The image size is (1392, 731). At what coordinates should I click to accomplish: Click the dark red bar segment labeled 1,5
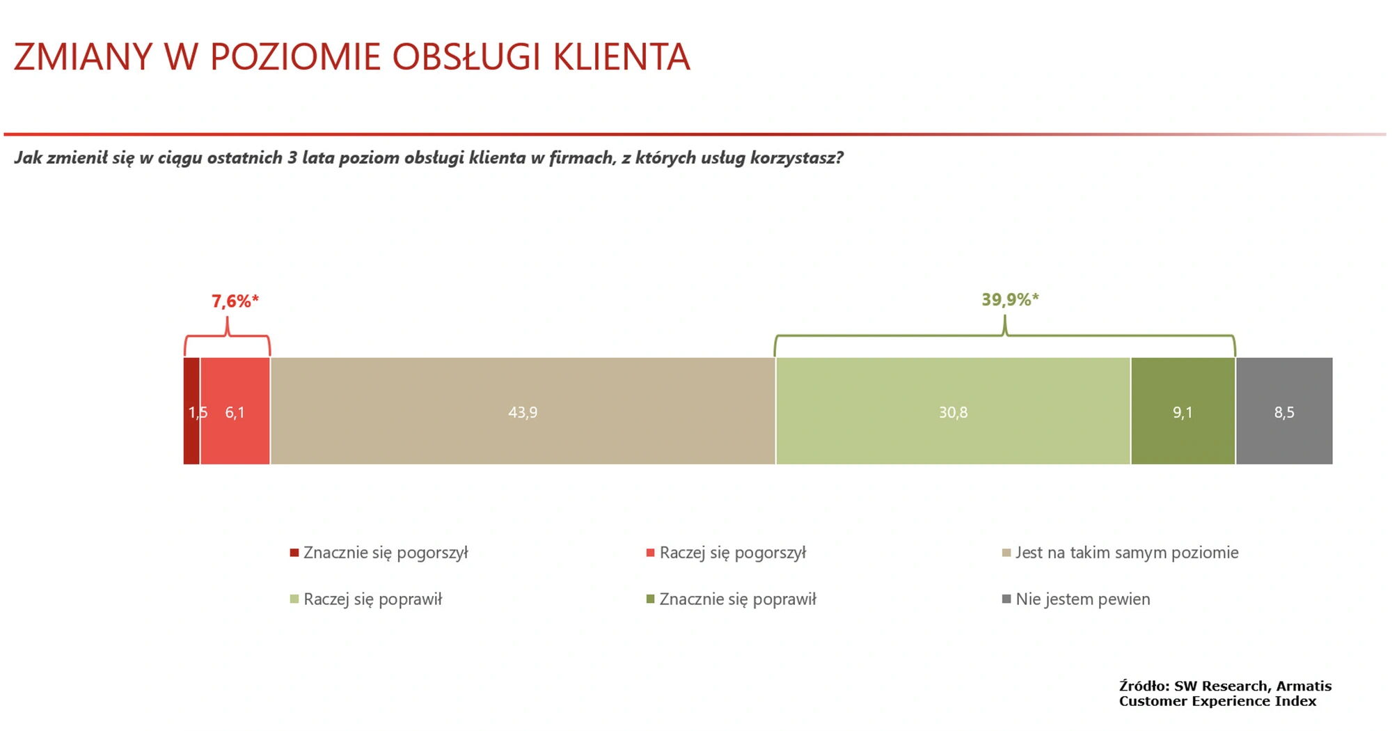tap(191, 411)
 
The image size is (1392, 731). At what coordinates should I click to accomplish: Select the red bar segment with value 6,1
tap(235, 411)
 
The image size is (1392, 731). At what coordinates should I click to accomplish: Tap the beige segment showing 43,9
tap(523, 411)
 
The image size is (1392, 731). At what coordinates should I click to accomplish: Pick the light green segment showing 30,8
tap(953, 411)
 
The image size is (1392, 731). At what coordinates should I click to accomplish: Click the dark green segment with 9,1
tap(1183, 411)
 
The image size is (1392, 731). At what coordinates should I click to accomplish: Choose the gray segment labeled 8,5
tap(1284, 411)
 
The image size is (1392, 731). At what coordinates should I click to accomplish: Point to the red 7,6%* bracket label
tap(235, 301)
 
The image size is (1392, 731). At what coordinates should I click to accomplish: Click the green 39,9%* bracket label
tap(1010, 300)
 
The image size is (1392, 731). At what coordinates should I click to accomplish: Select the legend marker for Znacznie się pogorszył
tap(294, 553)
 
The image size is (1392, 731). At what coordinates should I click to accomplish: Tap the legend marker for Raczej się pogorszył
tap(651, 553)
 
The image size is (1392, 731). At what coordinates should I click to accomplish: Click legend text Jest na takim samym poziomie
tap(1127, 553)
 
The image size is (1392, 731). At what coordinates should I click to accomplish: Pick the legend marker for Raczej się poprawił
tap(294, 599)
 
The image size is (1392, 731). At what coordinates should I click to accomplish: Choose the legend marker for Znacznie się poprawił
tap(651, 599)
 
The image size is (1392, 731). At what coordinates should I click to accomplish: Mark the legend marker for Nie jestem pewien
tap(1006, 599)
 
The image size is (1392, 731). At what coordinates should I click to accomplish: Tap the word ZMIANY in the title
tap(83, 57)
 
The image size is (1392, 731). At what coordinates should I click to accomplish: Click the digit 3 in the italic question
tap(292, 157)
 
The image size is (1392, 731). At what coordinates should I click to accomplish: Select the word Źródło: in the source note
tap(1144, 686)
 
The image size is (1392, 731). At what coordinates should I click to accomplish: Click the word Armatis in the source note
tap(1304, 686)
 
